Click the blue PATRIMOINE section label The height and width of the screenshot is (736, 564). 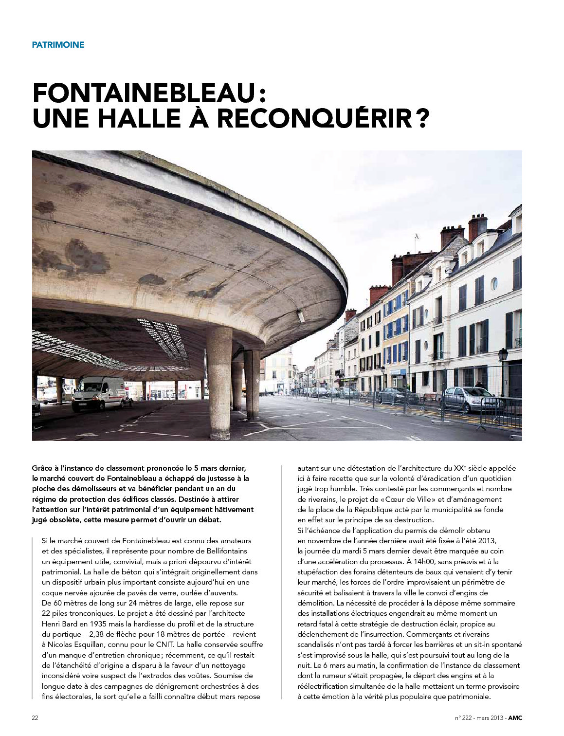(58, 45)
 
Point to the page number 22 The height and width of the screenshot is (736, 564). (35, 718)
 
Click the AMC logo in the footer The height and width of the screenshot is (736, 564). (515, 718)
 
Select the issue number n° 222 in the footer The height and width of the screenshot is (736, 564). (464, 718)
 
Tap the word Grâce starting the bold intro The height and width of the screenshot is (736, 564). (42, 468)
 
